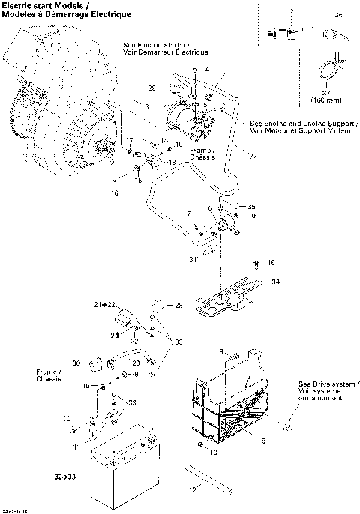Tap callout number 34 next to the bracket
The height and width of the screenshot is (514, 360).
[x=275, y=282]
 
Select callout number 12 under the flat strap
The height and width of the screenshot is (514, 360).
[x=193, y=490]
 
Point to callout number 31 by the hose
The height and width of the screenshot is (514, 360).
[x=193, y=260]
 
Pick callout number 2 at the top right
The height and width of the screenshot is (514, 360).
[x=292, y=10]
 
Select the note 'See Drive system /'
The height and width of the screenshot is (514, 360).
[x=329, y=381]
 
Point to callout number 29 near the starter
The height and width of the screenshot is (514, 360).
[x=150, y=88]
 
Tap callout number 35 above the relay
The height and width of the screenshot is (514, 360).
[x=252, y=206]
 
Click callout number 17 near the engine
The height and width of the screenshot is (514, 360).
[x=128, y=140]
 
